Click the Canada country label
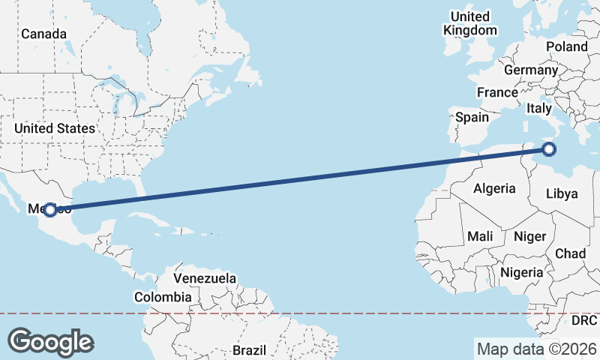point(43,34)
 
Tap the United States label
point(55,128)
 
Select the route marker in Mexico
point(49,210)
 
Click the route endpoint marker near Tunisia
point(549,149)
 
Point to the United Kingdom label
point(470,23)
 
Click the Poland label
point(567,46)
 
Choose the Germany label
point(531,70)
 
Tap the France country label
point(497,93)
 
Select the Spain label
point(472,117)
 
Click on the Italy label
point(538,108)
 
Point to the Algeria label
point(494,188)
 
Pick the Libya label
point(562,193)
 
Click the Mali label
point(480,236)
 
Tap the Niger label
point(529,236)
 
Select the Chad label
point(570,254)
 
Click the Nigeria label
point(521,272)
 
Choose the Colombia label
point(163,296)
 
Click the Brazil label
point(249,350)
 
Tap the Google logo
point(50,341)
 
